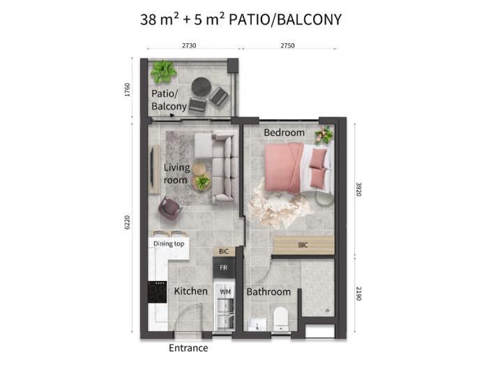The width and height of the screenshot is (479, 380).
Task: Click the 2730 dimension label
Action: tap(189, 45)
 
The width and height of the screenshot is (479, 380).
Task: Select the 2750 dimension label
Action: tap(287, 45)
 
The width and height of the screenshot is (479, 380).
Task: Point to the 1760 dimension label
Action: tap(127, 89)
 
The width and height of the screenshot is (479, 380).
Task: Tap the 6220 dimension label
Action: tap(127, 222)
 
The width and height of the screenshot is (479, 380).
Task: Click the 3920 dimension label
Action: tap(358, 190)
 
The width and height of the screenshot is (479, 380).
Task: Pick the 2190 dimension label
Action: tap(358, 294)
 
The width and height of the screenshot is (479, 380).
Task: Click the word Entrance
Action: tap(188, 348)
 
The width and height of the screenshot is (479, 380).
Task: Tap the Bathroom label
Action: tap(268, 291)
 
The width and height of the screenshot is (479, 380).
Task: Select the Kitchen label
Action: tap(190, 291)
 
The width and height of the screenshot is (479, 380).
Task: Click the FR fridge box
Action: tap(224, 268)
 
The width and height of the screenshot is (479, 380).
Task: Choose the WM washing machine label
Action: tap(225, 291)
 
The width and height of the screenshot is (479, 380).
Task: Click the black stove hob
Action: tap(158, 292)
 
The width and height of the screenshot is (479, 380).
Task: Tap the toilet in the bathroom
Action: tap(281, 319)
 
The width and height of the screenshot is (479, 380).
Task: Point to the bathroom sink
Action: tap(257, 324)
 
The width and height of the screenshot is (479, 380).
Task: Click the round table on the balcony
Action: tap(202, 86)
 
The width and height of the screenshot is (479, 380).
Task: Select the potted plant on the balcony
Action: tap(163, 72)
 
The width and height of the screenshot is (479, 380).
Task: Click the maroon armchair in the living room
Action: tap(170, 208)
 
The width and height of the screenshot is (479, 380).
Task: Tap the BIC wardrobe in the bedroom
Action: tap(304, 245)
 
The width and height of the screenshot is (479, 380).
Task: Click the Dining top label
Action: tap(169, 244)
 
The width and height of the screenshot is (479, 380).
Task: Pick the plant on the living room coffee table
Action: tap(202, 182)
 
